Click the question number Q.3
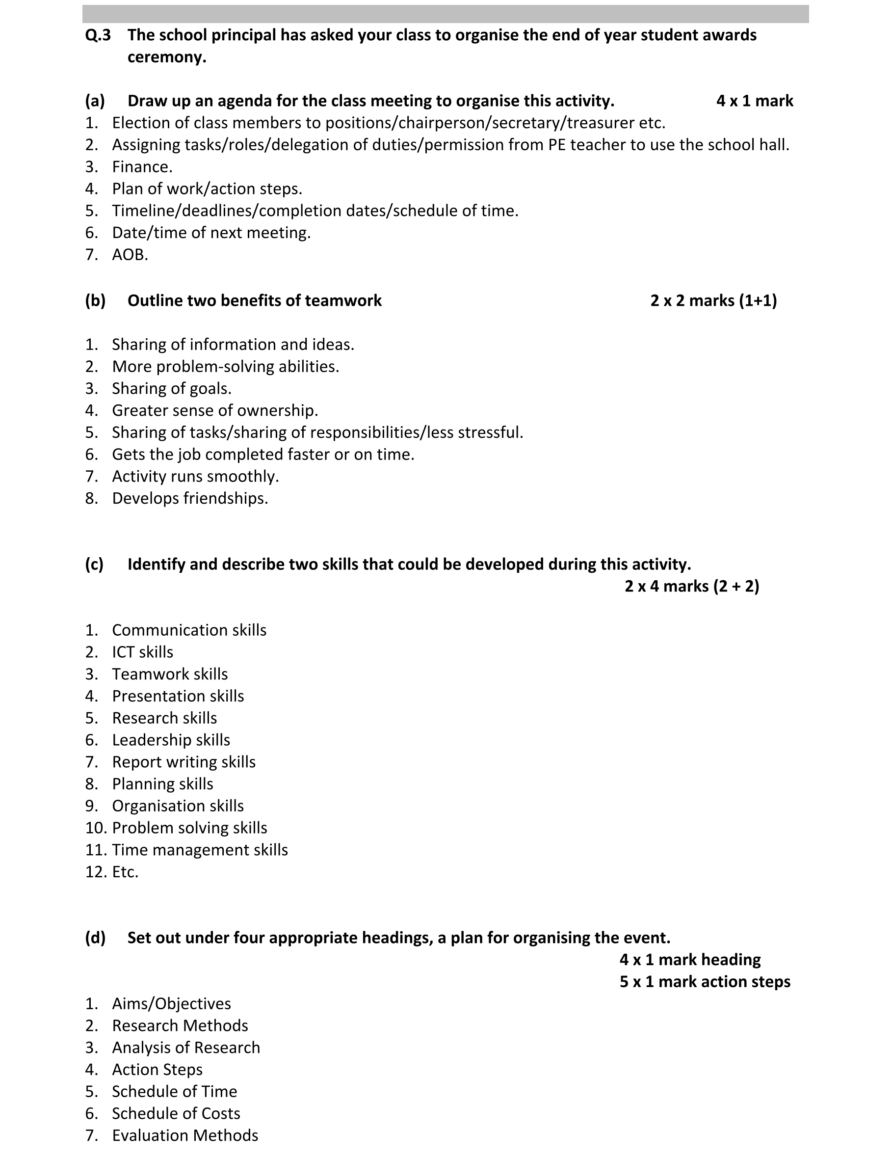(98, 35)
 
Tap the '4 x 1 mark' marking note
(754, 101)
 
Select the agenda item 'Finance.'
(142, 166)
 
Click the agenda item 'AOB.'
(130, 255)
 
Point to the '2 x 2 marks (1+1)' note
(713, 300)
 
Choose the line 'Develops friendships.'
(190, 498)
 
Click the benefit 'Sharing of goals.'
(172, 388)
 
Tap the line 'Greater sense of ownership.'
(215, 410)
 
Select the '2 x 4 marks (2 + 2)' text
(691, 586)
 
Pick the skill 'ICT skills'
(143, 652)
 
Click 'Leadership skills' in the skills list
(171, 740)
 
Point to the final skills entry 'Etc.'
(125, 871)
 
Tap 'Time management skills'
(200, 850)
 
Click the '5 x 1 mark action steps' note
(705, 981)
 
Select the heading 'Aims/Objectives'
(171, 1003)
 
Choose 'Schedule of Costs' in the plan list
(176, 1113)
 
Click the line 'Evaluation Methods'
(185, 1135)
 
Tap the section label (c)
(94, 564)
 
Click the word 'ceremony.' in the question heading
(166, 57)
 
